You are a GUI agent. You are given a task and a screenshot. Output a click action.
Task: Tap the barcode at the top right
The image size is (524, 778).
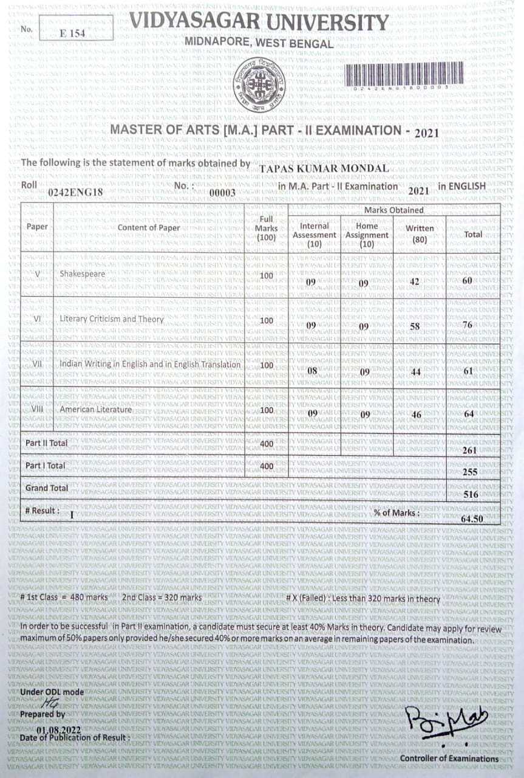click(405, 76)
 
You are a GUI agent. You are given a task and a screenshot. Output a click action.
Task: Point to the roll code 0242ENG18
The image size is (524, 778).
click(76, 192)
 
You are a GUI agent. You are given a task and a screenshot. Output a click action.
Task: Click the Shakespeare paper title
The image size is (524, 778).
click(82, 274)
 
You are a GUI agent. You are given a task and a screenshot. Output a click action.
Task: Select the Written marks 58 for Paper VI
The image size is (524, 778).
click(415, 326)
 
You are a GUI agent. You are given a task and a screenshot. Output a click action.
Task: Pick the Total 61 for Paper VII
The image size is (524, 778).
click(468, 371)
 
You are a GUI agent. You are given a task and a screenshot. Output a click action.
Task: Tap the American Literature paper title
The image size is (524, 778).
click(96, 410)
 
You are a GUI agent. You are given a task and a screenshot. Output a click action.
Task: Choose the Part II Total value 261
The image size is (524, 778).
click(469, 450)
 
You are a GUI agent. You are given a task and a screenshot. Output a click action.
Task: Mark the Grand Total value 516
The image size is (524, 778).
click(471, 495)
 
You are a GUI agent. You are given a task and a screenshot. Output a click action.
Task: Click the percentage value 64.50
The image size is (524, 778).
click(472, 519)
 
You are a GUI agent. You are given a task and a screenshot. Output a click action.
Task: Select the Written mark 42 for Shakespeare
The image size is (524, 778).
click(415, 281)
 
